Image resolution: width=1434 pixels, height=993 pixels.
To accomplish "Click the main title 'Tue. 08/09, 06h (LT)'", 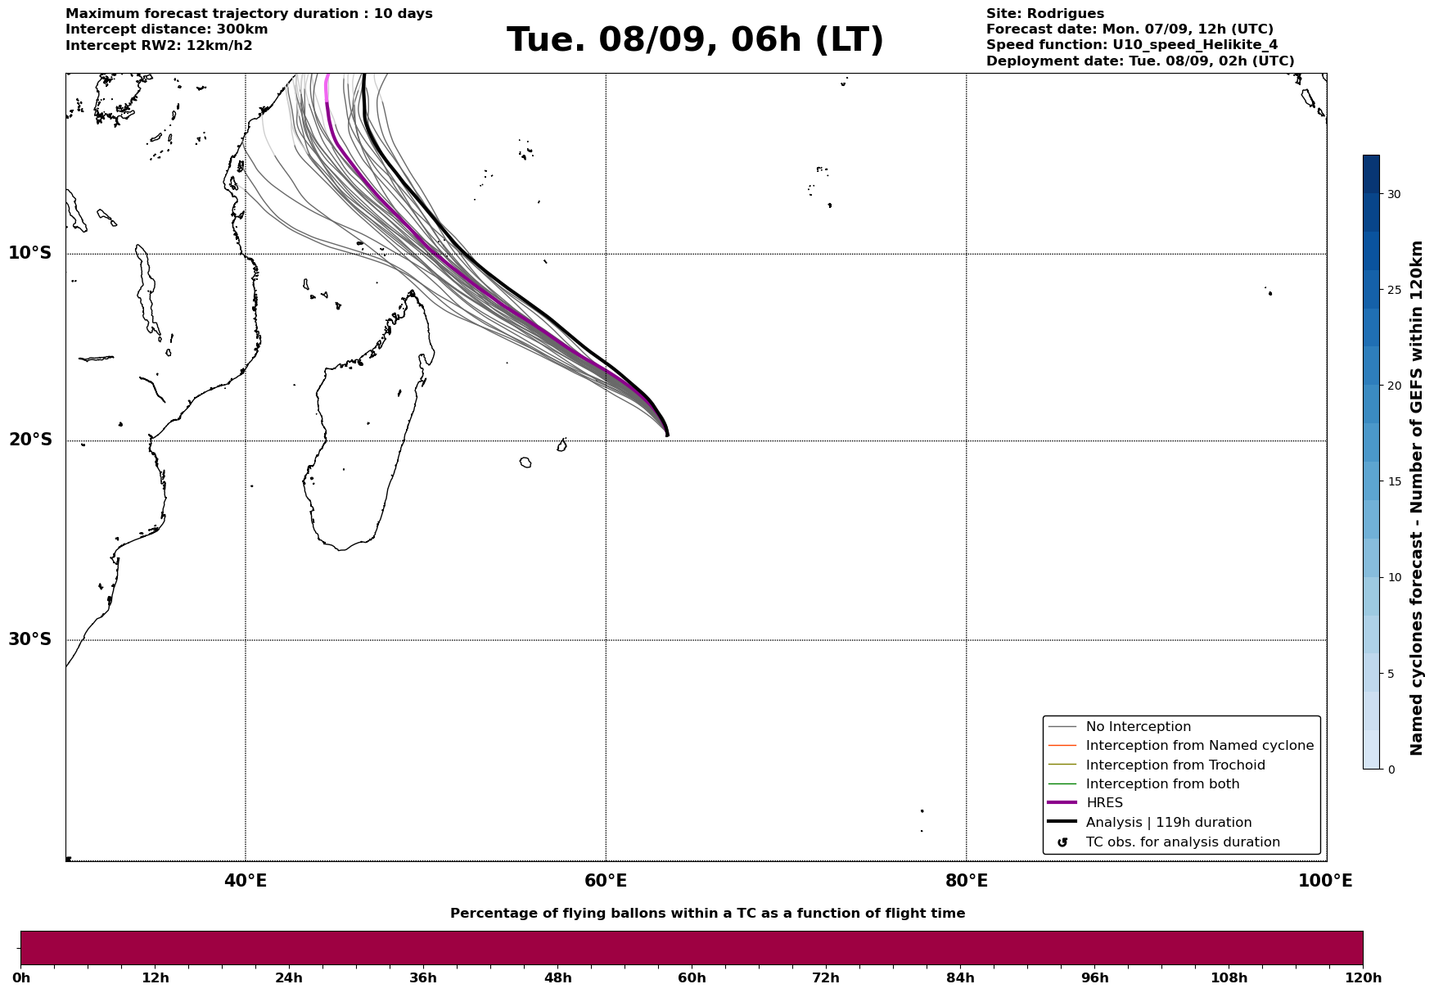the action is pos(695,40).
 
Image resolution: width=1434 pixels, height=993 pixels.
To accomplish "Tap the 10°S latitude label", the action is pos(30,253).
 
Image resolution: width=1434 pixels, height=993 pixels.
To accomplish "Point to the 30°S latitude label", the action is pos(30,639).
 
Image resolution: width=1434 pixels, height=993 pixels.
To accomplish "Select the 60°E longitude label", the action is pos(606,881).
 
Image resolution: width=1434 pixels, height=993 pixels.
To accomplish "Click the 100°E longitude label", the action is pos(1325,881).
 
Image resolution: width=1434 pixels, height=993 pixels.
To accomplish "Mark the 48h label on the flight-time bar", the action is pos(557,977).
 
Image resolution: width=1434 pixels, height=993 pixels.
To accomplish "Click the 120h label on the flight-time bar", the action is pos(1363,977).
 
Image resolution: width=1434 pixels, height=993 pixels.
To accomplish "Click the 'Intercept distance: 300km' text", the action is pos(166,29).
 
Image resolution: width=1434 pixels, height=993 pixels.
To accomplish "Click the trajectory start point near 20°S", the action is pos(667,435).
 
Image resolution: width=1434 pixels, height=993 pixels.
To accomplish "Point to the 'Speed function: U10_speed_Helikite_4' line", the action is pos(1131,45).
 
